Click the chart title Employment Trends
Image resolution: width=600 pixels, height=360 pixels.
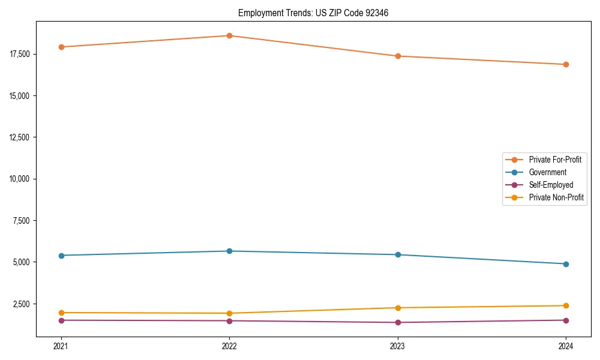(313, 13)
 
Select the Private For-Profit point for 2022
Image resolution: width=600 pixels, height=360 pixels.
(229, 35)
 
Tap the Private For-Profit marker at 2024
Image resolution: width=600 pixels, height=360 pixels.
(566, 64)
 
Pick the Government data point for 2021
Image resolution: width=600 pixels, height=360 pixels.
(61, 256)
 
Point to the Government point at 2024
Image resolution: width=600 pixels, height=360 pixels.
(566, 264)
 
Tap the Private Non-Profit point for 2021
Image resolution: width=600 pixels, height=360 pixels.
(61, 313)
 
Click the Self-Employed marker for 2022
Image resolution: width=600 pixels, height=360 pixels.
(229, 320)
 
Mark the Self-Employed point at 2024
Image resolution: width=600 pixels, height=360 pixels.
(566, 320)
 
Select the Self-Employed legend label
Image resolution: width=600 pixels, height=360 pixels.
(551, 185)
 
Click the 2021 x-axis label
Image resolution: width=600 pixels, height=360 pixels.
(61, 346)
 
